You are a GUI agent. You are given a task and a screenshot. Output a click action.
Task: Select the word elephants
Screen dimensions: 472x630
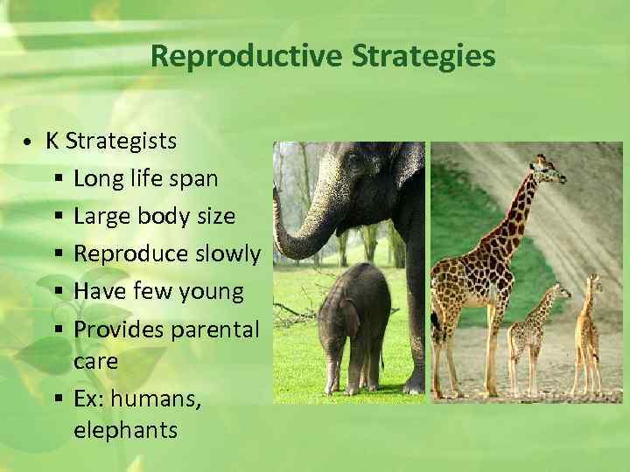(x=125, y=430)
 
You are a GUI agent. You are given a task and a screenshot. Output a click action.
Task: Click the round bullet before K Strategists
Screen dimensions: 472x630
(x=29, y=142)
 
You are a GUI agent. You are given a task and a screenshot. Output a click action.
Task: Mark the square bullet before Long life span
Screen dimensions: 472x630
(x=57, y=180)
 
